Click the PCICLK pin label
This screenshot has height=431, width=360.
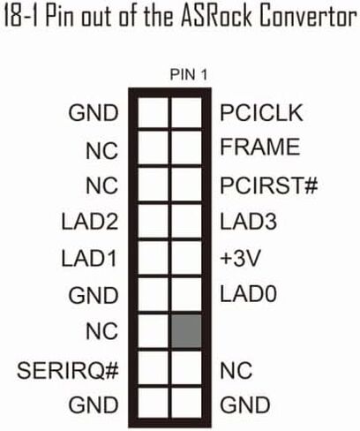tap(261, 113)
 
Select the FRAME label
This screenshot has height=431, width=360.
tap(260, 147)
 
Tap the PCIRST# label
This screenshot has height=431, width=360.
tap(269, 185)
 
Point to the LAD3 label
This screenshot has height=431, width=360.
tap(248, 222)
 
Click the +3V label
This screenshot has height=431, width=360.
tap(240, 258)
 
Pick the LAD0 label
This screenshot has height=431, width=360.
tap(248, 294)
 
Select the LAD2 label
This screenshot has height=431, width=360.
tap(90, 222)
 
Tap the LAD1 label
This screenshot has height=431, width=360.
tap(89, 258)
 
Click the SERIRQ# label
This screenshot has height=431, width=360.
tap(68, 370)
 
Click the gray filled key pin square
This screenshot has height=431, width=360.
tap(186, 331)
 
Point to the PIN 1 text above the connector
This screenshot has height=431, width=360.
tap(189, 75)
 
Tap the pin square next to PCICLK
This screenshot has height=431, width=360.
tap(186, 113)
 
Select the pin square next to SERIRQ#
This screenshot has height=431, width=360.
tap(153, 368)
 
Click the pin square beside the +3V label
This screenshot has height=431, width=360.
tap(186, 258)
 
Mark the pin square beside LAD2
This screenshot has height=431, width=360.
tap(153, 222)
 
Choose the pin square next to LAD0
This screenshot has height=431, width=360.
tap(186, 294)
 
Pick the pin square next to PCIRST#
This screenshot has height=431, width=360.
tap(186, 185)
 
